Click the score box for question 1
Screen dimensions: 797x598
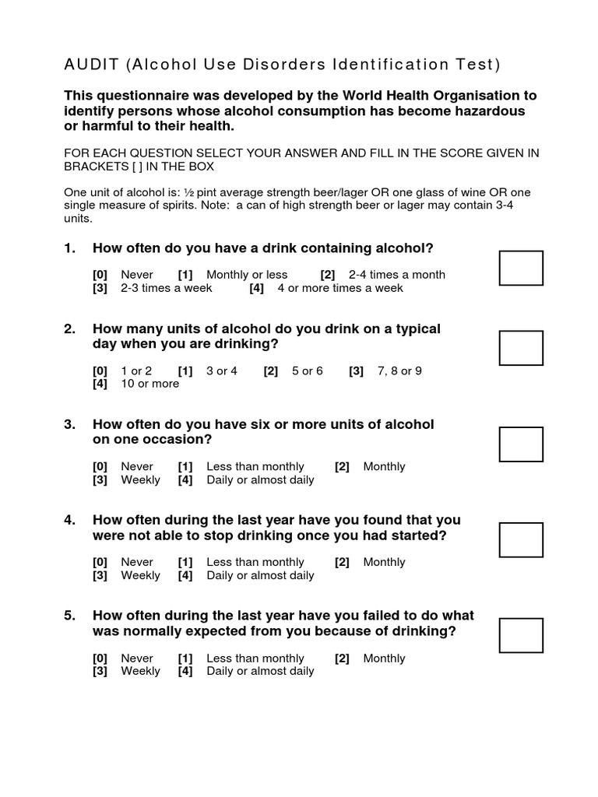click(521, 268)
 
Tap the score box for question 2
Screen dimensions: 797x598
click(521, 348)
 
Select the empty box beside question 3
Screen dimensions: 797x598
click(521, 444)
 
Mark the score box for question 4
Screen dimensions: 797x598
click(521, 539)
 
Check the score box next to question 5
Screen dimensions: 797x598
click(521, 635)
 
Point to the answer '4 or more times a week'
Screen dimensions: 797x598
click(340, 288)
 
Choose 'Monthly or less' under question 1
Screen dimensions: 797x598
click(247, 275)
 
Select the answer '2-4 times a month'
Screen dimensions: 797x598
click(397, 275)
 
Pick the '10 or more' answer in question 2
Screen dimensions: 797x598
click(149, 384)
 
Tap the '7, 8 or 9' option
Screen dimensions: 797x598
click(399, 370)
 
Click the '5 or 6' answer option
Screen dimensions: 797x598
click(307, 370)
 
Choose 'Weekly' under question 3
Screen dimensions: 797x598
click(140, 480)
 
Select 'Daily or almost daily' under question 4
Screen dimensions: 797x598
click(260, 576)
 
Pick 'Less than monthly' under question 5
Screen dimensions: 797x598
click(255, 658)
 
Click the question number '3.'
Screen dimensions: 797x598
click(70, 424)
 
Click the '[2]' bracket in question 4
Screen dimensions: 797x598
click(342, 562)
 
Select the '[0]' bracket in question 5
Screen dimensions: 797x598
click(100, 658)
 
